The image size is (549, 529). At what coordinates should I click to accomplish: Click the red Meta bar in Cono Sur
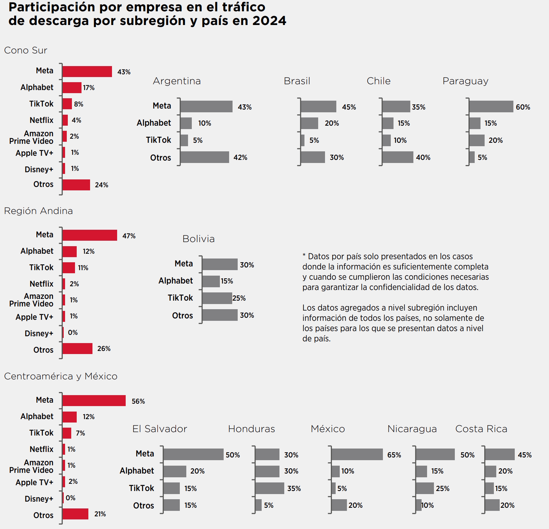point(87,72)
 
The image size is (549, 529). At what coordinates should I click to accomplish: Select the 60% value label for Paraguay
point(523,107)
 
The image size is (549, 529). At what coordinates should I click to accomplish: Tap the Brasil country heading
point(297,81)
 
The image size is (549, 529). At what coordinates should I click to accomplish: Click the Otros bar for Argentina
point(204,157)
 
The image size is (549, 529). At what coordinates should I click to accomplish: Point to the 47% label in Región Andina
point(129,236)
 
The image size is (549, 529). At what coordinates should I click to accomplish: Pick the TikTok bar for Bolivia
point(217,298)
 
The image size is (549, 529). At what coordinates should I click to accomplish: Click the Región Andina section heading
point(38,211)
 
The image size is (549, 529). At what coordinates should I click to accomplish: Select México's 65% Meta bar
point(357,454)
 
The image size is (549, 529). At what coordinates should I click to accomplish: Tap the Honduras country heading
point(251,429)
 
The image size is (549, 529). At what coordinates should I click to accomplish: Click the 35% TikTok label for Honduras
point(294,489)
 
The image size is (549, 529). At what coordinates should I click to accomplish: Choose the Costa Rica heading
point(481,429)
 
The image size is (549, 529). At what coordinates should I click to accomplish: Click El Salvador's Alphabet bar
point(175,471)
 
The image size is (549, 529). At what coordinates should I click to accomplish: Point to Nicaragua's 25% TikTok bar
point(425,488)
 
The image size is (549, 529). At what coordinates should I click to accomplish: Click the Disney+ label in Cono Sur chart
point(39,169)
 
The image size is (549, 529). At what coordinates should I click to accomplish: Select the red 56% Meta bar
point(94,401)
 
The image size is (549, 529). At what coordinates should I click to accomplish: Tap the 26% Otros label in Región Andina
point(104,349)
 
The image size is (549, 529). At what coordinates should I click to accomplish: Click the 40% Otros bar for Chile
point(398,157)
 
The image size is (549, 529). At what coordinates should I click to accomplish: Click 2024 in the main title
point(269,21)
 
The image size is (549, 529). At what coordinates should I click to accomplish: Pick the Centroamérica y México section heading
point(61,376)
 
